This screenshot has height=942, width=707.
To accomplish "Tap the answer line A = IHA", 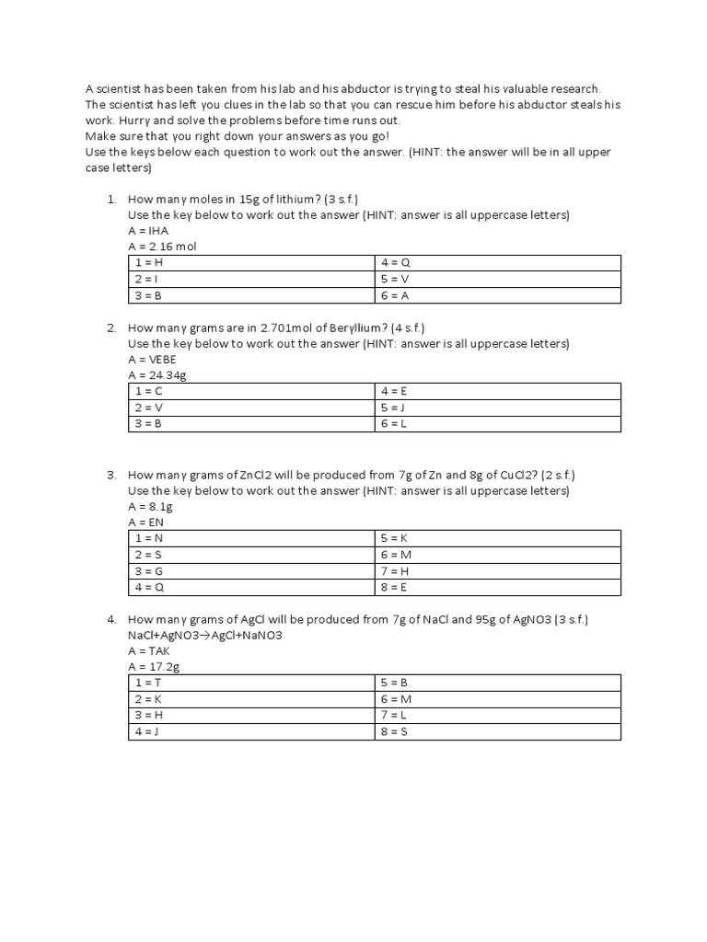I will tap(148, 230).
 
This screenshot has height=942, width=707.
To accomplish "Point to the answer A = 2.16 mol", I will tap(163, 247).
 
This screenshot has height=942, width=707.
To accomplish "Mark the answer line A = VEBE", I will tap(152, 359).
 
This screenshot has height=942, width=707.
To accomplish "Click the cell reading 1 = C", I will tap(149, 391).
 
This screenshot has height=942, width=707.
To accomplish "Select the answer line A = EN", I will tap(146, 522).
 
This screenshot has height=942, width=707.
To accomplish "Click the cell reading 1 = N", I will tap(149, 537).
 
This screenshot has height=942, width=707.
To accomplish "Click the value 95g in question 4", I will tap(476, 619).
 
